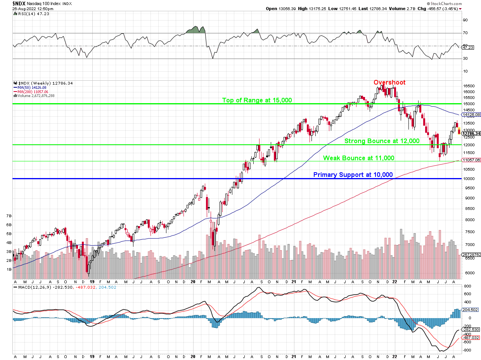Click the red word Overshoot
tap(389, 82)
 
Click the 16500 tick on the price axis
tap(469, 86)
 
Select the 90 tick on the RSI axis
tap(465, 20)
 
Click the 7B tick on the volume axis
tap(8, 216)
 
